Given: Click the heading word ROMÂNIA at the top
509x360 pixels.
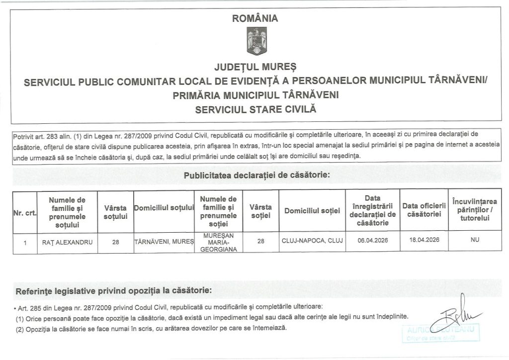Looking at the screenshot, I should coord(255,19).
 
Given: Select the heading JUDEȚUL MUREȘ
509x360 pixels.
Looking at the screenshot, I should coord(255,66).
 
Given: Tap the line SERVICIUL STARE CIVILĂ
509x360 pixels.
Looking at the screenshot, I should coord(255,108).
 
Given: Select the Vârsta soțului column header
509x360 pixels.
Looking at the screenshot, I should coord(116,212).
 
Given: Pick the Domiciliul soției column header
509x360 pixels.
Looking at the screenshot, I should coord(312,212).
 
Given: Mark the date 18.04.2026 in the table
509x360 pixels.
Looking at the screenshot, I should coord(424,240).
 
